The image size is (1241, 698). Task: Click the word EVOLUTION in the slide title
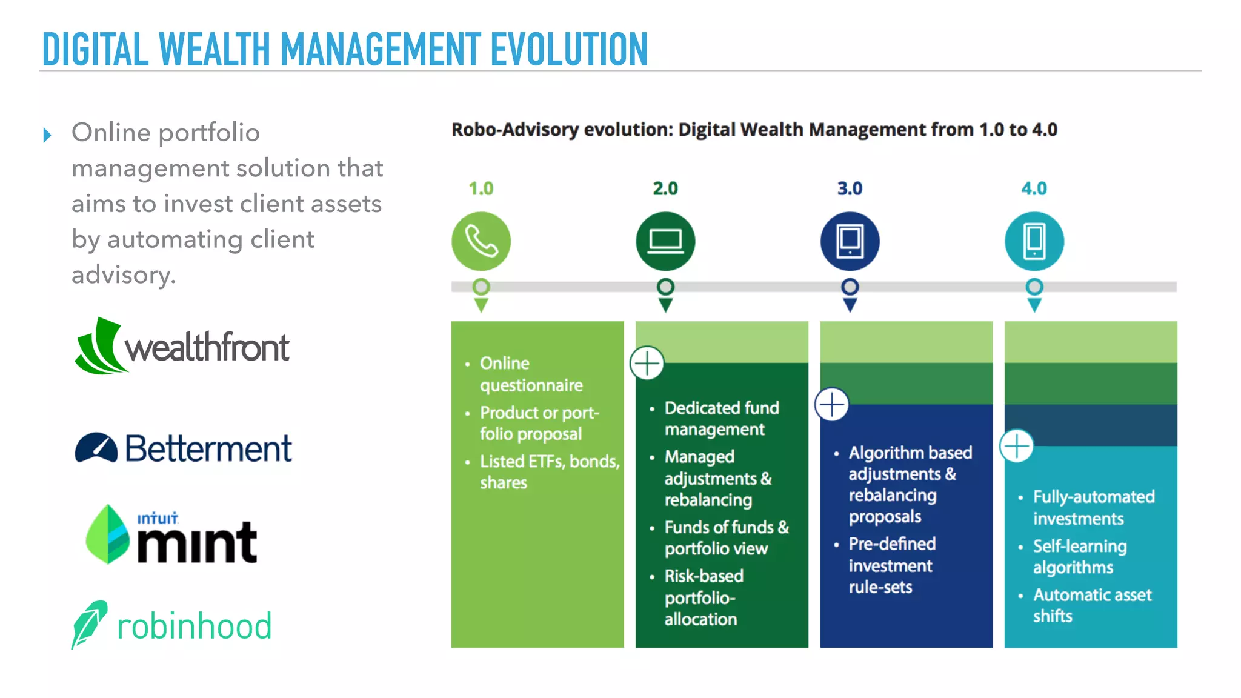pyautogui.click(x=569, y=50)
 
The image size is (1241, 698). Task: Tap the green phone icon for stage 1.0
pyautogui.click(x=481, y=241)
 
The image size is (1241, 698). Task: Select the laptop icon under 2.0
pyautogui.click(x=665, y=241)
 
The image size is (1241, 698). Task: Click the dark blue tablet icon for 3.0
pyautogui.click(x=850, y=241)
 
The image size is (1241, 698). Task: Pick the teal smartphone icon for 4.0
pyautogui.click(x=1034, y=241)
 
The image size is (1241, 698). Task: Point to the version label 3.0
pyautogui.click(x=850, y=188)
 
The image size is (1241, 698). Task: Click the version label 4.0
pyautogui.click(x=1034, y=188)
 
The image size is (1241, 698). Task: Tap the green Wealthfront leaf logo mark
pyautogui.click(x=99, y=347)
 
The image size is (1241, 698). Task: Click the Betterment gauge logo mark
pyautogui.click(x=96, y=448)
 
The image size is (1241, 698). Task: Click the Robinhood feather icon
pyautogui.click(x=89, y=624)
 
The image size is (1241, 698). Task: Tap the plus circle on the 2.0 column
pyautogui.click(x=647, y=364)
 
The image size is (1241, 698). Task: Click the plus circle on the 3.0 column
pyautogui.click(x=831, y=405)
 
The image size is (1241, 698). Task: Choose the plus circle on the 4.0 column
pyautogui.click(x=1016, y=447)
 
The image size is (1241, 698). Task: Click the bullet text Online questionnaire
pyautogui.click(x=531, y=374)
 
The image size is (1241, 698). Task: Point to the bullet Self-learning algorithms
pyautogui.click(x=1079, y=556)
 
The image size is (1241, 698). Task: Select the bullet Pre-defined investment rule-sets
pyautogui.click(x=891, y=565)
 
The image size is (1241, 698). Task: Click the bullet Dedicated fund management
pyautogui.click(x=721, y=418)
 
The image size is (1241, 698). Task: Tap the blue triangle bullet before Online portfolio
pyautogui.click(x=47, y=135)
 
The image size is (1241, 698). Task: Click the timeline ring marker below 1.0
pyautogui.click(x=481, y=287)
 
